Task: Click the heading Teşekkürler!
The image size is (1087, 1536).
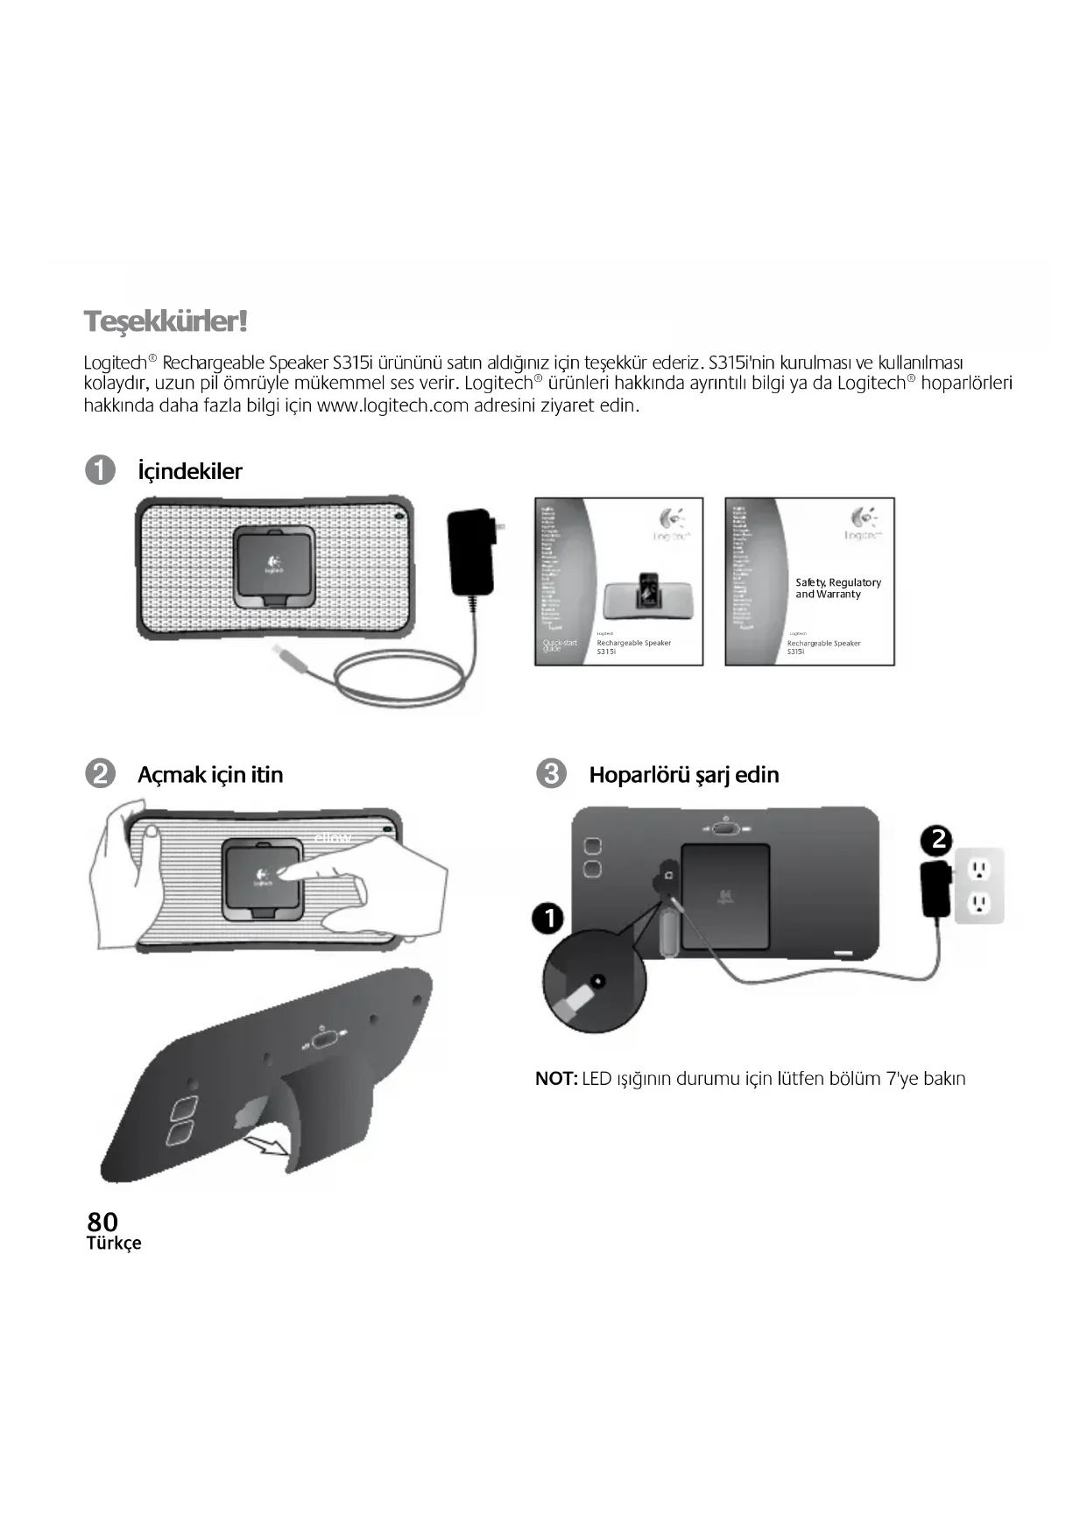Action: click(166, 321)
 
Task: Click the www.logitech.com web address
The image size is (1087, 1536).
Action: click(392, 405)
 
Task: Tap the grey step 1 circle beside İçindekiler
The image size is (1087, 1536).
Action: click(101, 470)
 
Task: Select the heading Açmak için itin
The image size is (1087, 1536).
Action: click(210, 775)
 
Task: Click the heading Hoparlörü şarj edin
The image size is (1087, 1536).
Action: click(683, 775)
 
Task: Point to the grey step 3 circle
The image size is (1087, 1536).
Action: click(551, 774)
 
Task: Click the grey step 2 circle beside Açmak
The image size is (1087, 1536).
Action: click(101, 774)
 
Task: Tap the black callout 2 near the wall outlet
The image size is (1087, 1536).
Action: click(937, 840)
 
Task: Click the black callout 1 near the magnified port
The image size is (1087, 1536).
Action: click(549, 919)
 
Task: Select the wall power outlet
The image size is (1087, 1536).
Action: click(978, 885)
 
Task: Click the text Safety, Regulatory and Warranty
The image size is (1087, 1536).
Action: click(837, 588)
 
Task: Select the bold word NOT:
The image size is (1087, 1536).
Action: click(556, 1079)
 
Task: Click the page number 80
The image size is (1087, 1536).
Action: click(102, 1222)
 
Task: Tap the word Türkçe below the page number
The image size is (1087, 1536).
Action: click(114, 1244)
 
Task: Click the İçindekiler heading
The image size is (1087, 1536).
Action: click(189, 471)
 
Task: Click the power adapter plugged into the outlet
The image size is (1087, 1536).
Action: click(935, 889)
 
